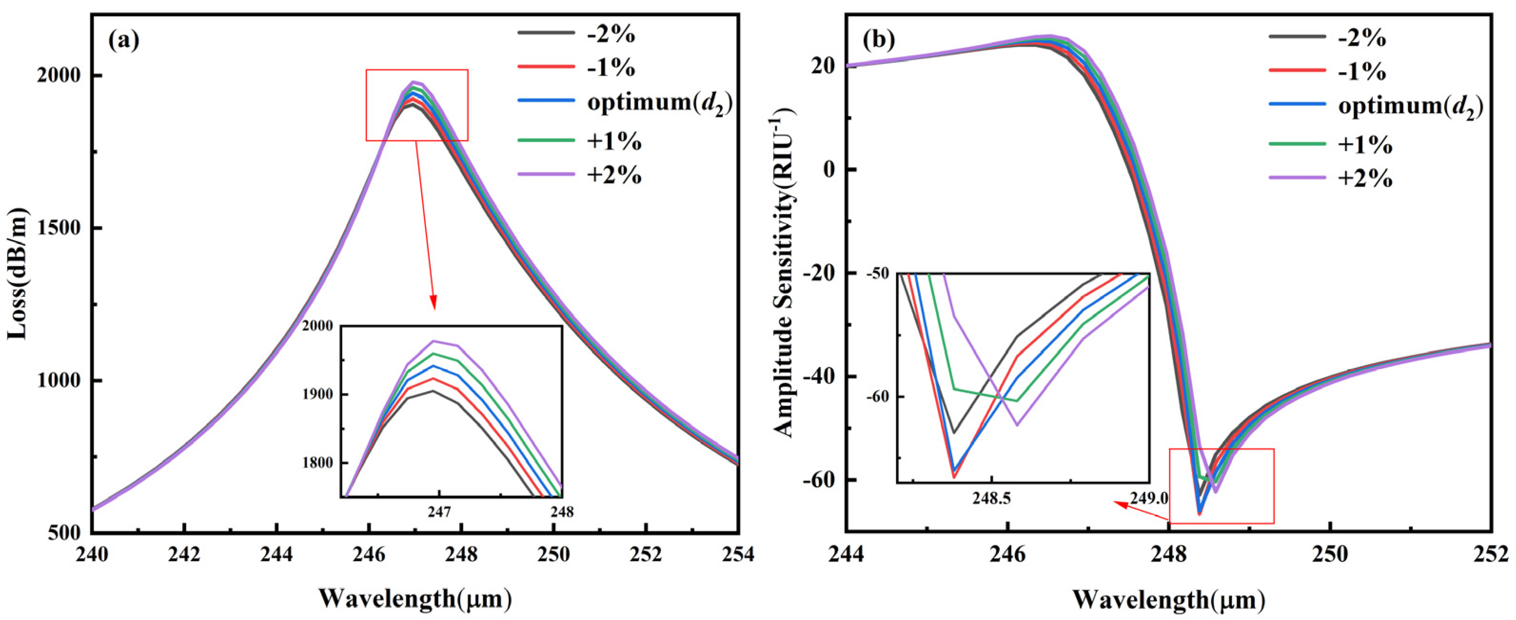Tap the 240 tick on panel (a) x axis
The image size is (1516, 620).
(91, 555)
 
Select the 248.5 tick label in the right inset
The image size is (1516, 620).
(992, 499)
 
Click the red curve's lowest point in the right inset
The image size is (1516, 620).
(954, 477)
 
